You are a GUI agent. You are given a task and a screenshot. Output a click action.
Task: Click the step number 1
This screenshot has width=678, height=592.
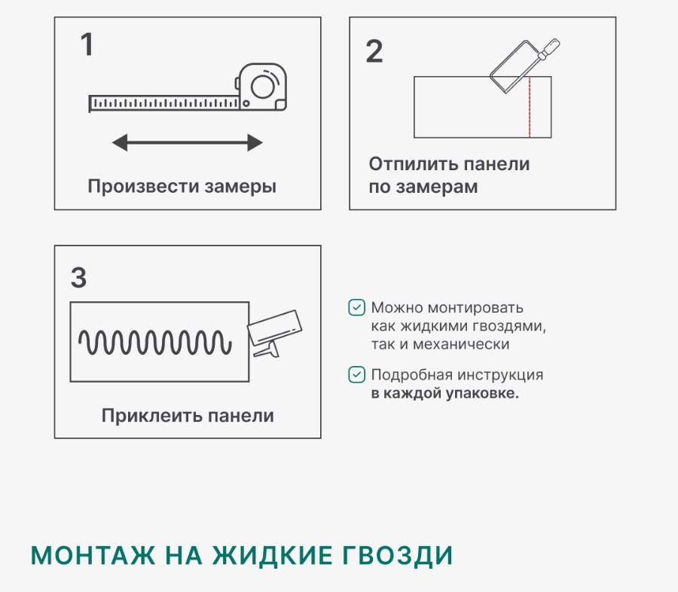coord(87,44)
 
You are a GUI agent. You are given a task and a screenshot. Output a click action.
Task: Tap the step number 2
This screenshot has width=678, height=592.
coord(374,51)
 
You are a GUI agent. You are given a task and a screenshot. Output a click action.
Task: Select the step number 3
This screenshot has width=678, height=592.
coord(78,277)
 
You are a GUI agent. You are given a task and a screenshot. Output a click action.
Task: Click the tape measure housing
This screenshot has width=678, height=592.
coord(262,87)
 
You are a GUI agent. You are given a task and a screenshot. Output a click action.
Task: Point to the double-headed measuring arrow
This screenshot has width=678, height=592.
coord(188,142)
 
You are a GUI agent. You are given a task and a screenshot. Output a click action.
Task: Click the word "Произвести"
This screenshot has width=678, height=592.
coord(144,186)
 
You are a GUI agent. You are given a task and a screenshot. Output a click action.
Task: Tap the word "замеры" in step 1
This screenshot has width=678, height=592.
coord(240,188)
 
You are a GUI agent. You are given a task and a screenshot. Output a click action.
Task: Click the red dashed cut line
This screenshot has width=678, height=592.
coord(530,107)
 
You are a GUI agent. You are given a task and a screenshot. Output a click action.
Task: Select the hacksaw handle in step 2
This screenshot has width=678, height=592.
coord(548,50)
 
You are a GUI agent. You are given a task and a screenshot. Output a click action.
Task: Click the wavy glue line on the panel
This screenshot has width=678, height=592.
coord(154,343)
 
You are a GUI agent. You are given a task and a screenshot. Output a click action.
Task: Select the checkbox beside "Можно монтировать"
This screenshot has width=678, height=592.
coord(357,308)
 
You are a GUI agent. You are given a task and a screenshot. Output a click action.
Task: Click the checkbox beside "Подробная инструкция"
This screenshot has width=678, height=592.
coord(357,375)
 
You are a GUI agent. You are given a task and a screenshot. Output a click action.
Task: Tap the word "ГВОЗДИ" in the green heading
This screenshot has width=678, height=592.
coord(398,556)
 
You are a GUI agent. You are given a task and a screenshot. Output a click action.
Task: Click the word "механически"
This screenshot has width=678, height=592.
coord(461,345)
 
